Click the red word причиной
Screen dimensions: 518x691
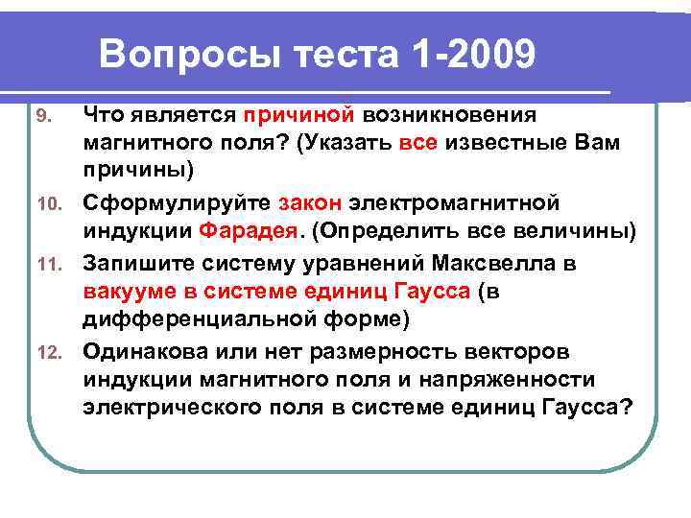click(298, 115)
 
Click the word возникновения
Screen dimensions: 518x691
click(450, 115)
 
